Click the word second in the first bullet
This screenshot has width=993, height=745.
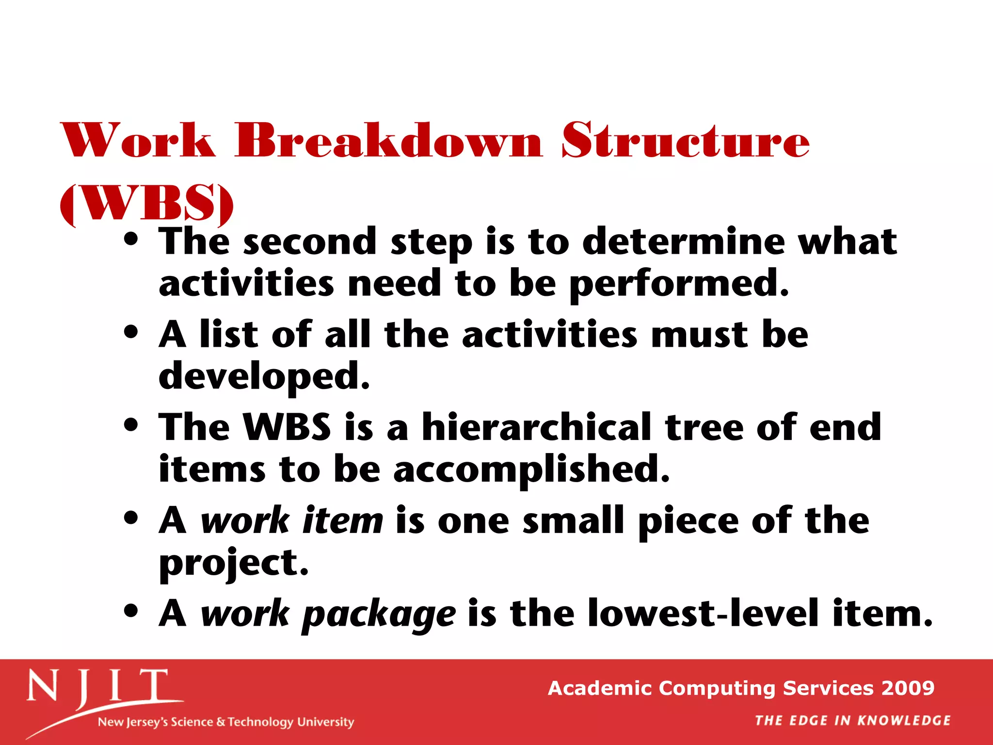[310, 242]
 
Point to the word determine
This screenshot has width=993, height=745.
[683, 242]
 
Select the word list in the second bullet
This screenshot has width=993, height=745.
[229, 335]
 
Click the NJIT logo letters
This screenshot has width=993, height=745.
[97, 687]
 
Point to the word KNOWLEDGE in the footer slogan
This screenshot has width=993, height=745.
[904, 721]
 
